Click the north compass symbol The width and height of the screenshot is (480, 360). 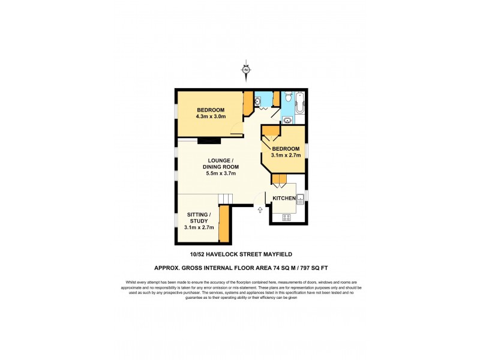tap(246, 70)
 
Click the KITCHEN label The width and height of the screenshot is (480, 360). tap(283, 198)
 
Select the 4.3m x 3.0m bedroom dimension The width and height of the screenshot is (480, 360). tap(210, 116)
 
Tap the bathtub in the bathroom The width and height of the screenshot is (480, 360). tap(300, 103)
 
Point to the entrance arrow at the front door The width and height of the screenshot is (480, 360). tap(260, 210)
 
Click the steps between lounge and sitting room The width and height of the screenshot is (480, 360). tap(225, 199)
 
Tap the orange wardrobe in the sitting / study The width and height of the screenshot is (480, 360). tap(224, 223)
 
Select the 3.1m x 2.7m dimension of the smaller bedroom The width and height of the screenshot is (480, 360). tap(286, 155)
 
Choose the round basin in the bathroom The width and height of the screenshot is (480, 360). tap(288, 119)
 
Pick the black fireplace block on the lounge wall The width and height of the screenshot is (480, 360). tap(209, 140)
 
